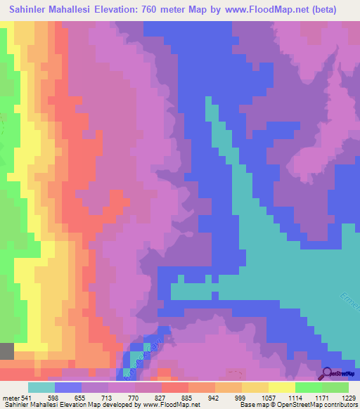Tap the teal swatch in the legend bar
pyautogui.click(x=41, y=387)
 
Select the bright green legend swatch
pyautogui.click(x=309, y=387)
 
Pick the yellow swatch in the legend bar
pyautogui.click(x=255, y=387)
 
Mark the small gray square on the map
pyautogui.click(x=6, y=351)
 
